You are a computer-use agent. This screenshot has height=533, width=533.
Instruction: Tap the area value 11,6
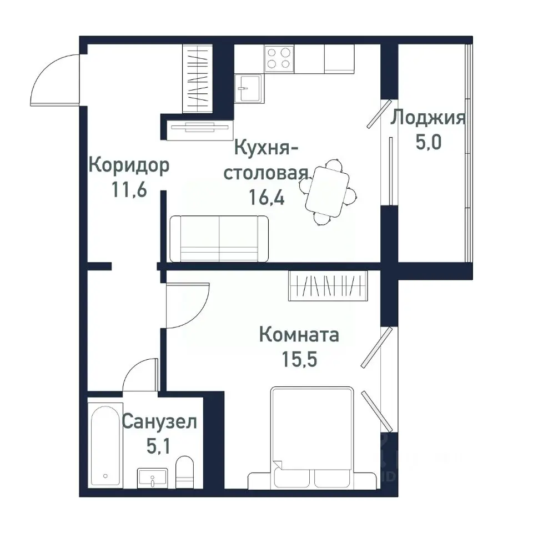point(129,190)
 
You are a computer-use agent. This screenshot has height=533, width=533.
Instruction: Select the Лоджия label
point(428,118)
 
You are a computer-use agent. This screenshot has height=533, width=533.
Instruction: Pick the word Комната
point(299,335)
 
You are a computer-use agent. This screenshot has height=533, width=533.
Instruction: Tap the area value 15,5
point(299,359)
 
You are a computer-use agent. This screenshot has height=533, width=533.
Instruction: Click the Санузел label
point(159,422)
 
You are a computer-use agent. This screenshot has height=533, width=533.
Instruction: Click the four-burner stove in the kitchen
point(279,58)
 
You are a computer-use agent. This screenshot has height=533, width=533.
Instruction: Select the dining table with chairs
point(328,192)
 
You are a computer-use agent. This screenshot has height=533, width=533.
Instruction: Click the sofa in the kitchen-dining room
point(219,238)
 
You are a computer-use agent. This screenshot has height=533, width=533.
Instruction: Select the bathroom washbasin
point(152,478)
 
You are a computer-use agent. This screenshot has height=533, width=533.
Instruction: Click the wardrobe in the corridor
point(198,79)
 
